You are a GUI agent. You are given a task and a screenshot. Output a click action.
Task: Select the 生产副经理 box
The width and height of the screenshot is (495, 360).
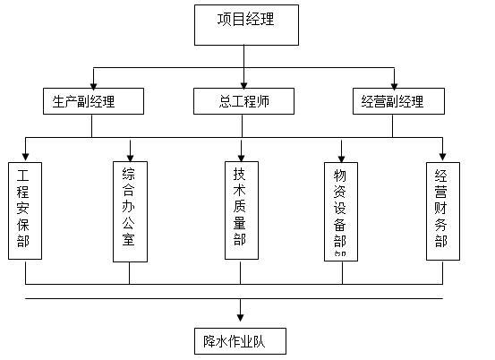(x=91, y=101)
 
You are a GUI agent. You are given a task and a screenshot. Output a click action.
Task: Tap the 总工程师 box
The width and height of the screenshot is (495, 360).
(x=243, y=101)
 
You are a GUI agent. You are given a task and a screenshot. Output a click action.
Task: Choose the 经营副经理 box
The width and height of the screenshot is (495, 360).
(x=392, y=101)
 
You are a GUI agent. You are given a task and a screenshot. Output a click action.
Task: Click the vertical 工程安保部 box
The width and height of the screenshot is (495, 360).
(x=25, y=210)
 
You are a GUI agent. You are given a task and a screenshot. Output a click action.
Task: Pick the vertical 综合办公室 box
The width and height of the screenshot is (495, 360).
(x=130, y=210)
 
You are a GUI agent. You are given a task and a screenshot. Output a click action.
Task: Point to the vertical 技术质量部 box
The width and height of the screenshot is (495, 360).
(x=242, y=210)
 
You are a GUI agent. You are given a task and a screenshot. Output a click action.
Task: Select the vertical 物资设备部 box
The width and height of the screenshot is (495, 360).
(x=341, y=210)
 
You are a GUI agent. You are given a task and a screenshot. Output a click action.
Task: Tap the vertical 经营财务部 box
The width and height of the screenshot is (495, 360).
(x=442, y=210)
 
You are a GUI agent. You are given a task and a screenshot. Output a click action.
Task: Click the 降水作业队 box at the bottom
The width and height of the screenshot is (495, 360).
(x=239, y=340)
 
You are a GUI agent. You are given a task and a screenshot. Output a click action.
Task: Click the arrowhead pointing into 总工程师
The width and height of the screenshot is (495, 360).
(x=244, y=83)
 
